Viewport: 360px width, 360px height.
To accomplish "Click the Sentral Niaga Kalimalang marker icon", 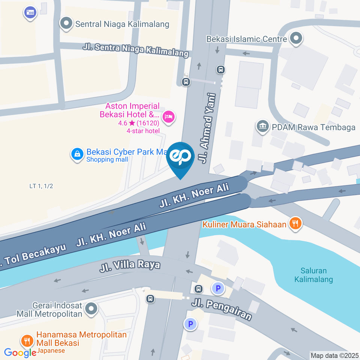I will point(66,24).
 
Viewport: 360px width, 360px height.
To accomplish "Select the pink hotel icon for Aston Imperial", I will point(169,117).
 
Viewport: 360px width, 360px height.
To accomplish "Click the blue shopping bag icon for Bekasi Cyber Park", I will point(77,154).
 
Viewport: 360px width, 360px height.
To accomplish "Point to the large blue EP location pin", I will point(180,158).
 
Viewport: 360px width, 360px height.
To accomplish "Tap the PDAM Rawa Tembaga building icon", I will point(262,126).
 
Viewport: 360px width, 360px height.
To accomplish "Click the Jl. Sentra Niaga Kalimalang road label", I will point(135,50).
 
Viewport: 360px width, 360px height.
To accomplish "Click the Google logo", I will point(20,352).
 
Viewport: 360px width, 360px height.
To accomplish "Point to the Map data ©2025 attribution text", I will point(334,355).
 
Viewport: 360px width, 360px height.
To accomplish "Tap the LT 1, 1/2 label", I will point(41,186).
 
